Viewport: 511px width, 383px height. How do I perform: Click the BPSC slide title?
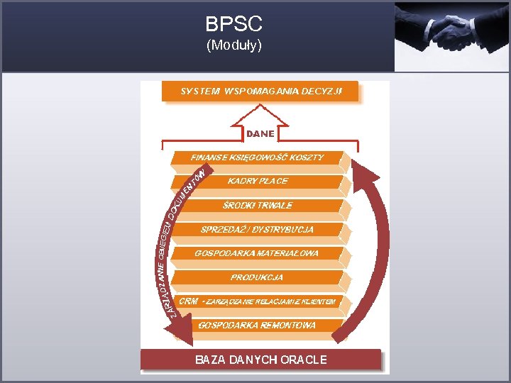[233, 24]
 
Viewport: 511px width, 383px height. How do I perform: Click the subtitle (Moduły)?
[233, 46]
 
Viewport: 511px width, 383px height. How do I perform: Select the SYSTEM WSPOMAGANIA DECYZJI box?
[260, 91]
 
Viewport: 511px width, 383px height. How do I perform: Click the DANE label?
[260, 133]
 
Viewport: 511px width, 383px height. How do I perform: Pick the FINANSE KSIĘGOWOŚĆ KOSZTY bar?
[257, 157]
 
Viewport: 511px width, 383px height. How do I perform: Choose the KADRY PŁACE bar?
[258, 182]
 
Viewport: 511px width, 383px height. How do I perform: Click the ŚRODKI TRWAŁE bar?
[258, 206]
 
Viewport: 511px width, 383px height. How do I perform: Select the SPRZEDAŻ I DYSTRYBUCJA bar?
[257, 230]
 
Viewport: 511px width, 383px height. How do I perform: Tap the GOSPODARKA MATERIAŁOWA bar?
[257, 253]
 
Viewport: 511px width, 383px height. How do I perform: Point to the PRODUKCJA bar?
[257, 277]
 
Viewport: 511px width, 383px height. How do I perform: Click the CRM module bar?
[257, 301]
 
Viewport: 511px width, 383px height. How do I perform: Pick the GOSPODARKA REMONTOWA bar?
[257, 326]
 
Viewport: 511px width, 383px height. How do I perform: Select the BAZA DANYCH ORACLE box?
[260, 360]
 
